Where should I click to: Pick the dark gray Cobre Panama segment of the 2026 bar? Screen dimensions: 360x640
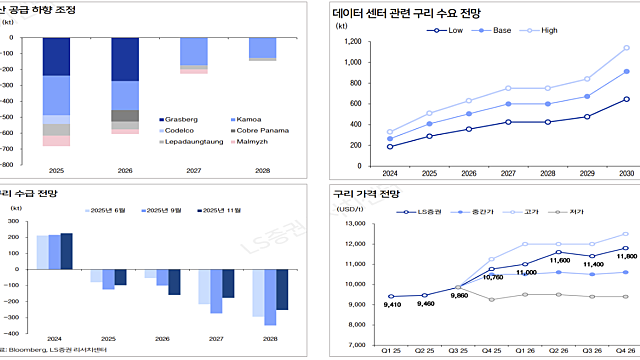pos(125,115)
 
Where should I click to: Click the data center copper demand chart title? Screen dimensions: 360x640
pos(400,14)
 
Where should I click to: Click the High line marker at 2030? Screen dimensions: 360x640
pos(626,48)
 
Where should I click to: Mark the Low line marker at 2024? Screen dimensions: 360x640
pos(389,147)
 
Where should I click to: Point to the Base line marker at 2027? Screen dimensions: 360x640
pos(508,104)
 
